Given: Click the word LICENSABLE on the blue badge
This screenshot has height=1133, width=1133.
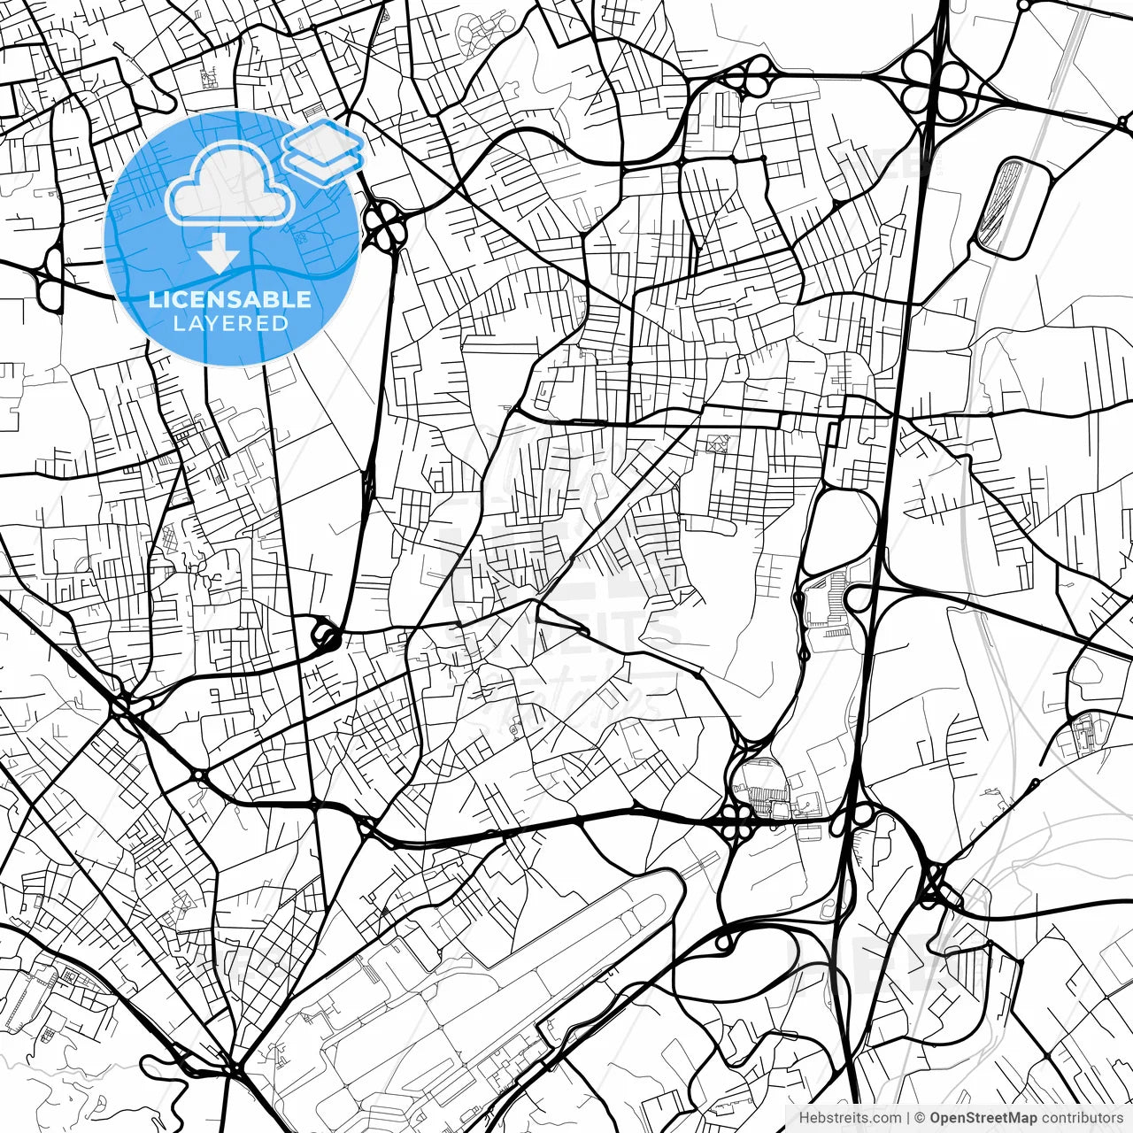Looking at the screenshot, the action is (230, 299).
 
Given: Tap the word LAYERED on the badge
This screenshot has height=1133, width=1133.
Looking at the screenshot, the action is (230, 323).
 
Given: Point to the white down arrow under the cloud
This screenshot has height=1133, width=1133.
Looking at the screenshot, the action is (218, 255).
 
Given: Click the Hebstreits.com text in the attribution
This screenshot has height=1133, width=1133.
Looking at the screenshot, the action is (850, 1118).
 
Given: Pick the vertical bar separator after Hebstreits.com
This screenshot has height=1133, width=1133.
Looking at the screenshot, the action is (908, 1118).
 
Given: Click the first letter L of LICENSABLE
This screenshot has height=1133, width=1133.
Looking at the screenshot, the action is (153, 299).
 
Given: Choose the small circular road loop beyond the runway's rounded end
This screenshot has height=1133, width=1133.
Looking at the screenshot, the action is (723, 942).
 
